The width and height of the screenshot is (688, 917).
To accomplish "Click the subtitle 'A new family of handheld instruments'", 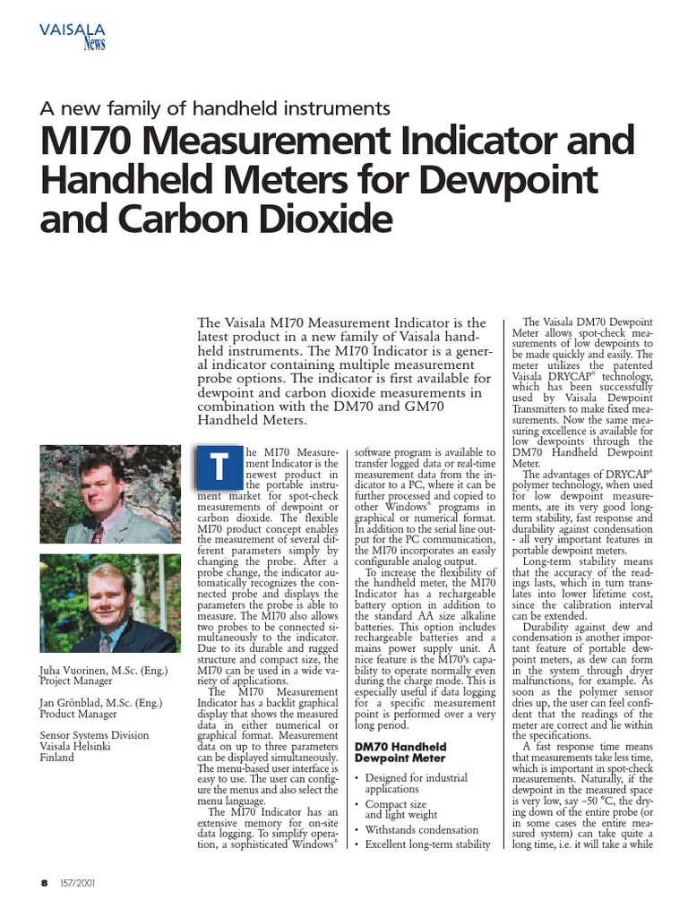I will tap(215, 108).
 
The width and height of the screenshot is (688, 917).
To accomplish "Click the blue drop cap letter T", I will tap(215, 467).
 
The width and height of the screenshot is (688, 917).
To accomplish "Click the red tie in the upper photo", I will tap(97, 534).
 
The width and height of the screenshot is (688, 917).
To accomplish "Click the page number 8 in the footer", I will tap(44, 882).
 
